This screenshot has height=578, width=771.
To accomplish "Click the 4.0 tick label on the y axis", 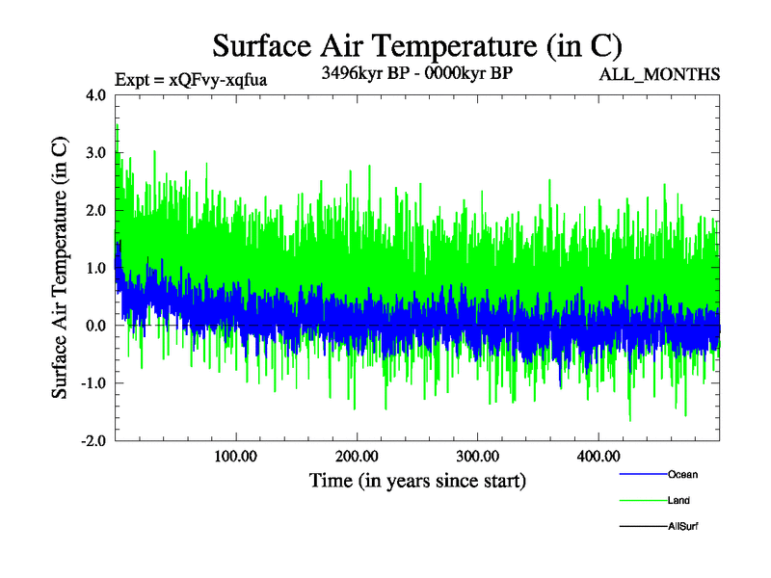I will tap(97, 95).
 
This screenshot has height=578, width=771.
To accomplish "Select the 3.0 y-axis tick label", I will tap(97, 153).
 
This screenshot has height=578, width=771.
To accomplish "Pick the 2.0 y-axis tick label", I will tap(97, 210).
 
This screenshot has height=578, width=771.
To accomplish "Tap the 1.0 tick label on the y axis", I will tap(97, 268).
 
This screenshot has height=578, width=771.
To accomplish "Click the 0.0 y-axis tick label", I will tap(97, 326).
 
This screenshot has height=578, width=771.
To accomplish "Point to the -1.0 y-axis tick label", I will tap(94, 383).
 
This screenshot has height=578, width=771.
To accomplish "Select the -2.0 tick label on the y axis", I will tap(94, 440).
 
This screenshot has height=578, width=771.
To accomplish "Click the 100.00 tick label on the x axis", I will tap(236, 456).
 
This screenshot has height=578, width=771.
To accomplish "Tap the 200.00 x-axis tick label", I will tap(357, 456).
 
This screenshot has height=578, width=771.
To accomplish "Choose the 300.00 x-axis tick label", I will tap(477, 456).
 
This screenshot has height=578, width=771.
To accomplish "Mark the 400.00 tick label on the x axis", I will tap(598, 456).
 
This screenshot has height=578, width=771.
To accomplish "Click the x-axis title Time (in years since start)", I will tap(417, 480).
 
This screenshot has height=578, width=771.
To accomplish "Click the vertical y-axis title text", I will tap(60, 268).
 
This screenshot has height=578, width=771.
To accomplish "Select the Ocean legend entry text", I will tap(682, 475).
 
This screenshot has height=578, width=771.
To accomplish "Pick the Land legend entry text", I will tap(678, 501).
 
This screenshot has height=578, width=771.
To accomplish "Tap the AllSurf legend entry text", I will tap(682, 527).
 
